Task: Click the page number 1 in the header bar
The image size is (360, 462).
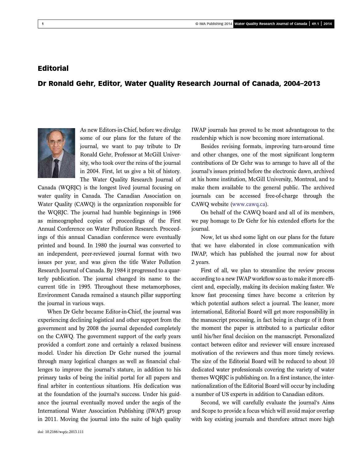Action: pyautogui.click(x=43, y=24)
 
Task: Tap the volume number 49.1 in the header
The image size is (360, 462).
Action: pyautogui.click(x=315, y=24)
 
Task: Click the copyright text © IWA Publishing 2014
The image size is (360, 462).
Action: pyautogui.click(x=214, y=24)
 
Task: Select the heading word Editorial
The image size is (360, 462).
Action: pyautogui.click(x=53, y=68)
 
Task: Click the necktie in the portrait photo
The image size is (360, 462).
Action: pyautogui.click(x=56, y=168)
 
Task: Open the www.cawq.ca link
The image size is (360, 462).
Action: pyautogui.click(x=248, y=204)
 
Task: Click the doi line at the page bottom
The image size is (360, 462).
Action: pyautogui.click(x=60, y=432)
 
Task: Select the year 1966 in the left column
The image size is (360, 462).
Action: pyautogui.click(x=174, y=213)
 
